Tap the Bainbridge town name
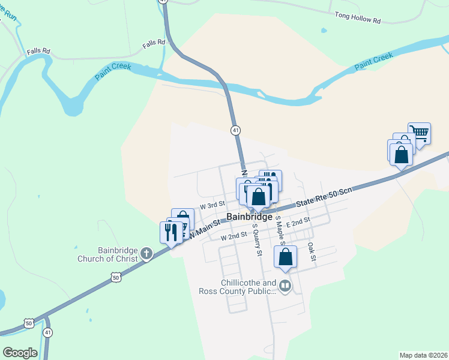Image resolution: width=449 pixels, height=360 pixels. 250,217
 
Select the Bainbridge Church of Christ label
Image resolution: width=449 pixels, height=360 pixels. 108,255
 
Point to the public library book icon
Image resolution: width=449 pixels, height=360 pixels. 285,287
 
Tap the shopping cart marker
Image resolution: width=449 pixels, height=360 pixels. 419,133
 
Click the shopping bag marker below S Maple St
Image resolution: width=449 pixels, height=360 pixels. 286,257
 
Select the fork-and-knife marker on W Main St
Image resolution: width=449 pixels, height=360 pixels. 171,232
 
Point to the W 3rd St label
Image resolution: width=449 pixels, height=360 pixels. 212,205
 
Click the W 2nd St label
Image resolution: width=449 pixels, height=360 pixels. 234,237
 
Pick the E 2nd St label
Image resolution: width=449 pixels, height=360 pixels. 297,221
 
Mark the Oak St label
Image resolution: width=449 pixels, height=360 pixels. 311,251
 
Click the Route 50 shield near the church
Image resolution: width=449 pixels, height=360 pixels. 116,277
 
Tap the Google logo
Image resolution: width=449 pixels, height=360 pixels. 20,353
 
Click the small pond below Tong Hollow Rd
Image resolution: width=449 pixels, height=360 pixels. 324,30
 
